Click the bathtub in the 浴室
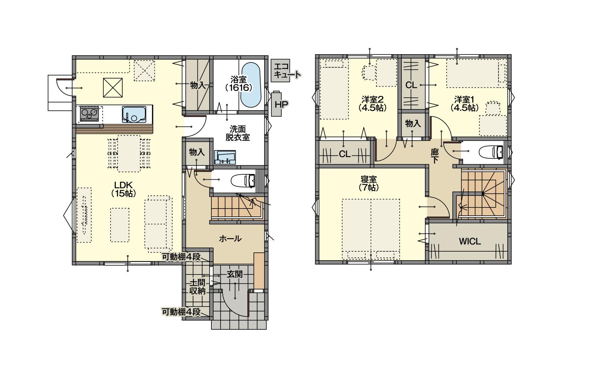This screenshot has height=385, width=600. click(251, 85)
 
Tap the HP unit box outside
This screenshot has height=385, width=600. click(277, 104)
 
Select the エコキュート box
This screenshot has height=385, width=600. click(281, 71)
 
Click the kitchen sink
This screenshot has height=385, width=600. click(134, 114)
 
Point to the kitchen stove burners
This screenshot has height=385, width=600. click(89, 114)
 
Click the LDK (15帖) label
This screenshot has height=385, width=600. click(123, 189)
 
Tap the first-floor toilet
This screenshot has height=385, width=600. click(243, 181)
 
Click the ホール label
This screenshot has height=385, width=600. click(230, 238)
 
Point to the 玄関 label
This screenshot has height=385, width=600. click(235, 274)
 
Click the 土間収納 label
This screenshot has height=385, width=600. click(198, 287)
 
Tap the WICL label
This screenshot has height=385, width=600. click(470, 241)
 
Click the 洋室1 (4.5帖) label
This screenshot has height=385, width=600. click(465, 104)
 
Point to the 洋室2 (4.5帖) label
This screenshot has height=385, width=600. click(372, 104)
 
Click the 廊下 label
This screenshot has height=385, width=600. click(435, 156)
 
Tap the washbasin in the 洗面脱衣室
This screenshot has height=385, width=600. click(225, 157)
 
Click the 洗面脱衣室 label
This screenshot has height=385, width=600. click(237, 133)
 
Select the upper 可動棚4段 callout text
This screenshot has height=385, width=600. click(181, 257)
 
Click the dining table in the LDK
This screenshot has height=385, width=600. click(129, 154)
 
